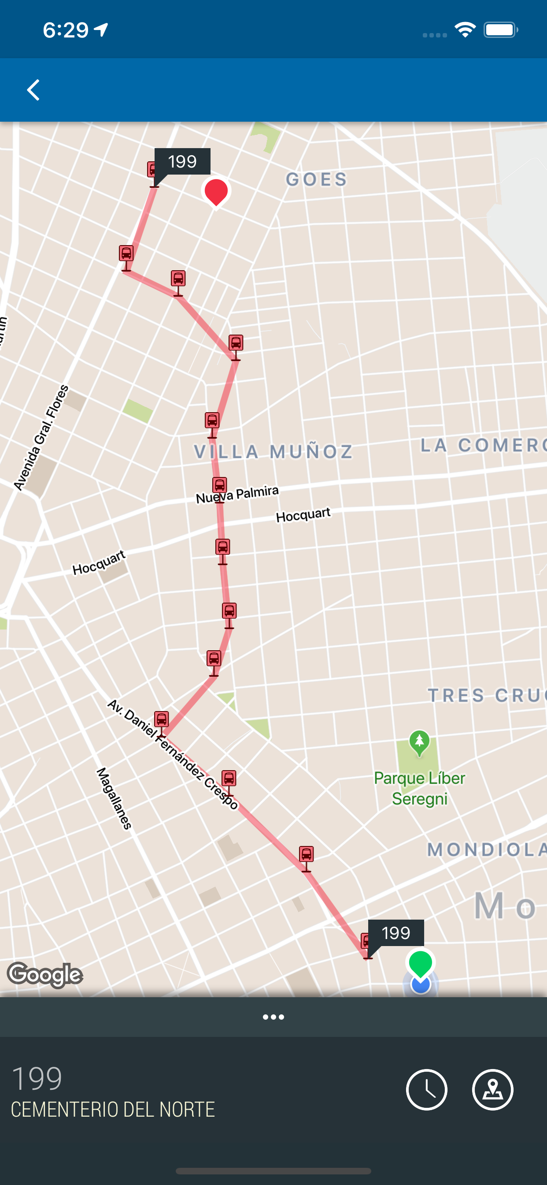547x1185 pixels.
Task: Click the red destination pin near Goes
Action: [x=215, y=191]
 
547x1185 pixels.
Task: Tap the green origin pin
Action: [x=420, y=962]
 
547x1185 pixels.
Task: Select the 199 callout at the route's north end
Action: [x=182, y=161]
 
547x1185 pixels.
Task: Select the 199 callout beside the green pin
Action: [x=396, y=933]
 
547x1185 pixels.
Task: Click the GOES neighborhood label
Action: [x=316, y=179]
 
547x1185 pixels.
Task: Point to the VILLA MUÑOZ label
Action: [x=273, y=452]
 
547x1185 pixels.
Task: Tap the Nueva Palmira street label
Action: [x=237, y=494]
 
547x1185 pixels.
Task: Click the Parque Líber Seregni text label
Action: [x=419, y=788]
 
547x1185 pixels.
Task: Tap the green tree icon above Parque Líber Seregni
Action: [x=419, y=742]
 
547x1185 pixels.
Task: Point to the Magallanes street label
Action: [x=115, y=798]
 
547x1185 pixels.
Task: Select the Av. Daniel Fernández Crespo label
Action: [x=173, y=754]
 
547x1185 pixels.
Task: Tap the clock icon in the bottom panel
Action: [x=427, y=1090]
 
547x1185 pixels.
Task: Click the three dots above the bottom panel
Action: [x=273, y=1017]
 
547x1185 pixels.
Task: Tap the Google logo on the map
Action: [x=45, y=974]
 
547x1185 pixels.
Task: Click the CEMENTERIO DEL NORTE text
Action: [x=113, y=1110]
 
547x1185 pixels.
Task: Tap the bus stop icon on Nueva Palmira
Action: [x=220, y=485]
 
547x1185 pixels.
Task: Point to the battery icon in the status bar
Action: [x=500, y=30]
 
